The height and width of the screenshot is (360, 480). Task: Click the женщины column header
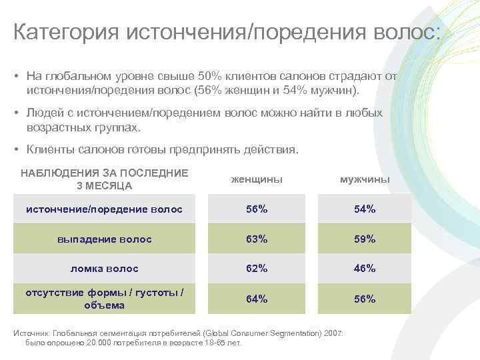pos(257,179)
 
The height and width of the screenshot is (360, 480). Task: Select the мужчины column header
pos(365,179)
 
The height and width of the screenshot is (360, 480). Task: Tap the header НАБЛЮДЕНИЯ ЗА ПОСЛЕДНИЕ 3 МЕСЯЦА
pos(105,179)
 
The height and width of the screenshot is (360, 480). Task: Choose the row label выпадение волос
pos(105,239)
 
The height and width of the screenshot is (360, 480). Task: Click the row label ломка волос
pos(105,269)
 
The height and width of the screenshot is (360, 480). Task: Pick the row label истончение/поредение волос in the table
pos(104,209)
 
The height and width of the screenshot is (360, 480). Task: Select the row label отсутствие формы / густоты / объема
pos(105,299)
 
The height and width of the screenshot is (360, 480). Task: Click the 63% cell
pos(257,239)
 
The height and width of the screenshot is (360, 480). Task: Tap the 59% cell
pos(365,239)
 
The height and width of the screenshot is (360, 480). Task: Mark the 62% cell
pos(257,269)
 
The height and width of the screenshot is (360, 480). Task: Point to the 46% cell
pos(365,269)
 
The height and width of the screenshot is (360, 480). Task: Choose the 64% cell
pos(257,299)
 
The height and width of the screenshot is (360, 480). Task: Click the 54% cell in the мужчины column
pos(365,209)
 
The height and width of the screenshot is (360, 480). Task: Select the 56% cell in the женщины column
pos(257,209)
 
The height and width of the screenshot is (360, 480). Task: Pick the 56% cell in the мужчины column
pos(365,299)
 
